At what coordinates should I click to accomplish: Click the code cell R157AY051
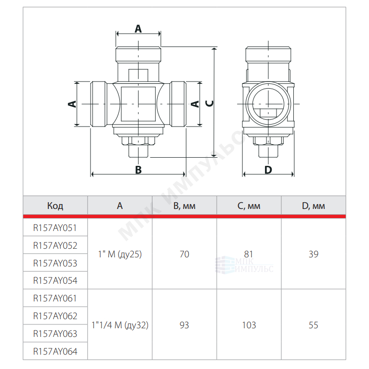click(55, 228)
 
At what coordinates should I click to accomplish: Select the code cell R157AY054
click(55, 280)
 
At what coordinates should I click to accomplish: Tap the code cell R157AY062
click(55, 316)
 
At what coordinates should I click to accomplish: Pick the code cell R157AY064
click(55, 351)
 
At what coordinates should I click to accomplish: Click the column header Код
click(55, 206)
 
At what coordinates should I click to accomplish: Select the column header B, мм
click(184, 206)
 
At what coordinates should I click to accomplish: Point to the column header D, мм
click(313, 206)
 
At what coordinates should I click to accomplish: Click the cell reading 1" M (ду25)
click(120, 254)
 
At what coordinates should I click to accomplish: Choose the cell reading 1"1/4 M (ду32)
click(120, 325)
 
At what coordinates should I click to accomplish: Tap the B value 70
click(184, 254)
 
